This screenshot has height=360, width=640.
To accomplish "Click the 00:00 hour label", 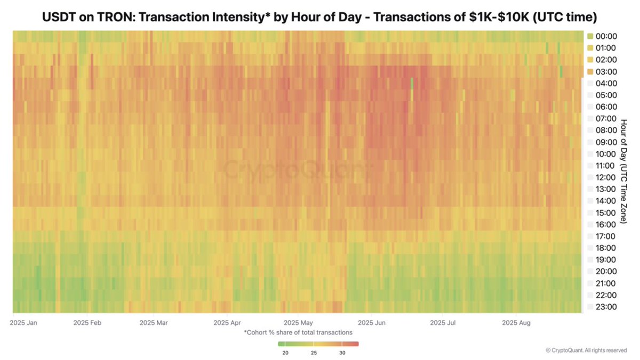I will pos(606,36).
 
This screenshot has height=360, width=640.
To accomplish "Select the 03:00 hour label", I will pos(606,71).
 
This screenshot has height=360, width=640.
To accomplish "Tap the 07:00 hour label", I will pos(606,118).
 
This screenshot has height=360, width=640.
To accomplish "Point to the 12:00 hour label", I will pos(606,177).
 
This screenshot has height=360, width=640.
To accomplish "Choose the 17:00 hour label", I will pos(606,236).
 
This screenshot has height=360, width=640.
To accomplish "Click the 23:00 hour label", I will pos(606,307).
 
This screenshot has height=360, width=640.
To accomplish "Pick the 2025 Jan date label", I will pos(23,323).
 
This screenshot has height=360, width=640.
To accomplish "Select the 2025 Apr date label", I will pos(228,323).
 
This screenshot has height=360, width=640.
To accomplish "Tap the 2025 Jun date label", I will pos(372,323).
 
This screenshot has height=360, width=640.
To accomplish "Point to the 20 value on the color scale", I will pos(285,353).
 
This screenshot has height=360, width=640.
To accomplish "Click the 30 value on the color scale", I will pos(342,353).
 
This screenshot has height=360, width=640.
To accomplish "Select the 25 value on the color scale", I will pos(314,353).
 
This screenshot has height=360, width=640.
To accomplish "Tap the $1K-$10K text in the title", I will pos(494,18).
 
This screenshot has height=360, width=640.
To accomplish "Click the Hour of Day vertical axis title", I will pos(623,171).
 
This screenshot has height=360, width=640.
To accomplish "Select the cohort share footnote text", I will pos(298,332).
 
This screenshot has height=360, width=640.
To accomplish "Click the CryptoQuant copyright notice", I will pos(586,350).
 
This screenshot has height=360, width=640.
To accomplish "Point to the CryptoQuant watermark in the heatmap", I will pos(296,171).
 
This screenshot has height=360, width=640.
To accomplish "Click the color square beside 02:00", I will pos(590,60).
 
